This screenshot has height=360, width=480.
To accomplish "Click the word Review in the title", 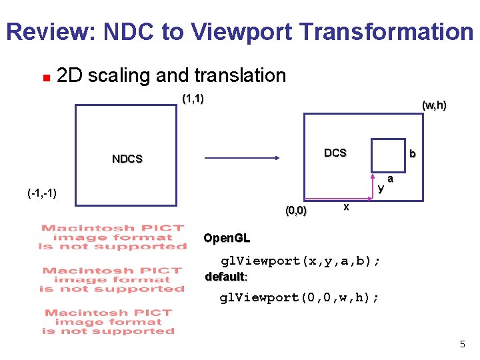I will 49,31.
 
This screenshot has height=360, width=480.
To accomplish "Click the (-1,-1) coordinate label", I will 42,193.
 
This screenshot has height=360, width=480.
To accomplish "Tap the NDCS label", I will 127,159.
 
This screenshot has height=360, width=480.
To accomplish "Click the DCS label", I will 335,153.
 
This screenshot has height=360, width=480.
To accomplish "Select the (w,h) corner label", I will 434,105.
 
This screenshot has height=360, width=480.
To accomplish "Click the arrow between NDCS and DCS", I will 241,159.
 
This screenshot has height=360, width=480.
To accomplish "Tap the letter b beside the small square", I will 413,154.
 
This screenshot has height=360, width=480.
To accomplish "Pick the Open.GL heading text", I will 227,238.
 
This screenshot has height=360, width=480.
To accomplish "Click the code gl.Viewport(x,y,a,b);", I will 301,261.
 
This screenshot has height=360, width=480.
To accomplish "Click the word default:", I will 227,277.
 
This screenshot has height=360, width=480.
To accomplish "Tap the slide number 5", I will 462,344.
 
